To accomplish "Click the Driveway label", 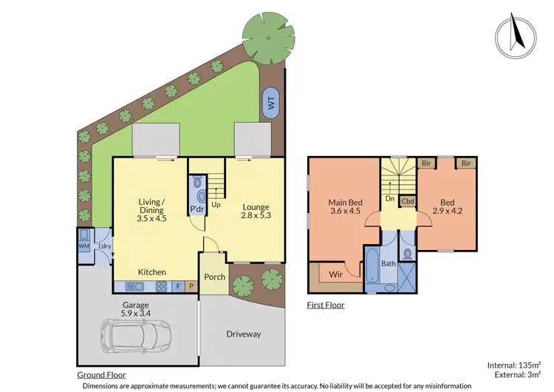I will click(x=243, y=334).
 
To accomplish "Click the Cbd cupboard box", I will click(x=408, y=200).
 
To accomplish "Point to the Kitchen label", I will click(x=152, y=272).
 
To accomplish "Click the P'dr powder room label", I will click(x=197, y=209).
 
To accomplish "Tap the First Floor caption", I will click(x=325, y=305).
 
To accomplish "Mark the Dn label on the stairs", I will click(x=388, y=198).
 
